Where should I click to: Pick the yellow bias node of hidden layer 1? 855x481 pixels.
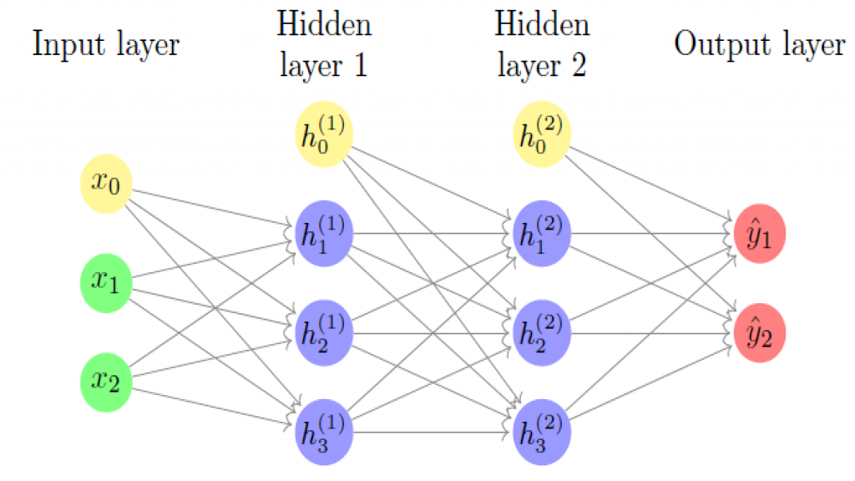[325, 135]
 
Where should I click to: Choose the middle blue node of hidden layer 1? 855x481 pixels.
[325, 332]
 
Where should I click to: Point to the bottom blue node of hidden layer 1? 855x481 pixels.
[325, 430]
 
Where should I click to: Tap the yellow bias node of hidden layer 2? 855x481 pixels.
[541, 135]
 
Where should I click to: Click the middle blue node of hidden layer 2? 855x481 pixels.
[541, 332]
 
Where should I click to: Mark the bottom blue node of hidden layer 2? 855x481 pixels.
[541, 430]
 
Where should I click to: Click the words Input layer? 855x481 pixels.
[106, 45]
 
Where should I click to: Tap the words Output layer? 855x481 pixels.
[759, 45]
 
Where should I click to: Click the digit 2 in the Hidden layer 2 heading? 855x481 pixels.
[577, 65]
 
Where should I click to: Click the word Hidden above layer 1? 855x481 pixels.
[325, 24]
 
